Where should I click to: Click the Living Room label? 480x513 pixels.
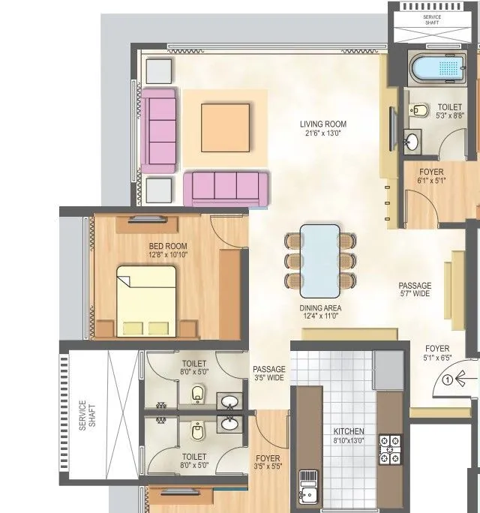click(x=323, y=124)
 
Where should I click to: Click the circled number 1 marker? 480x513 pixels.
click(x=447, y=379)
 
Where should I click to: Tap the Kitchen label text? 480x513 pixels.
click(x=349, y=431)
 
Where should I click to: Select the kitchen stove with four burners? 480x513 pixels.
click(x=391, y=451)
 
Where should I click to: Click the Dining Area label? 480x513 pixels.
click(x=321, y=307)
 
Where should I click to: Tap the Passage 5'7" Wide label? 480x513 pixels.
click(x=415, y=289)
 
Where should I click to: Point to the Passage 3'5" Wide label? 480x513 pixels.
click(x=268, y=373)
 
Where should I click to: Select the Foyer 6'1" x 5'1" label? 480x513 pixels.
click(x=431, y=175)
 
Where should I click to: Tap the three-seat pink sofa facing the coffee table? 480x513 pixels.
click(x=225, y=187)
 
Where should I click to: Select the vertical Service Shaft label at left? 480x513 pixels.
click(x=88, y=413)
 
